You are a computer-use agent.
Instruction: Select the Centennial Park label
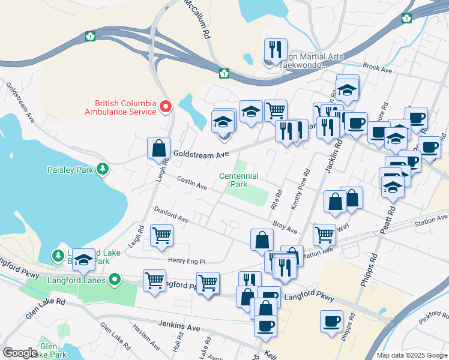(x=239, y=180)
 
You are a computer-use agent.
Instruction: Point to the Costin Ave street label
(x=192, y=184)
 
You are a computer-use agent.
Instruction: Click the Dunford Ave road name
(x=172, y=215)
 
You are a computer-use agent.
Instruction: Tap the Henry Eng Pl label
(x=187, y=262)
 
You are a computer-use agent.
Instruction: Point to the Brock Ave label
(x=378, y=70)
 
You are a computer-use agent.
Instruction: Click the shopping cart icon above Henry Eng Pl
(x=161, y=235)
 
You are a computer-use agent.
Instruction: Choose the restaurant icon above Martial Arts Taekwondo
(x=276, y=50)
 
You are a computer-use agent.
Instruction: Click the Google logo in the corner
(x=19, y=353)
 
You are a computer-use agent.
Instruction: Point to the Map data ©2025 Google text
(x=411, y=355)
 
